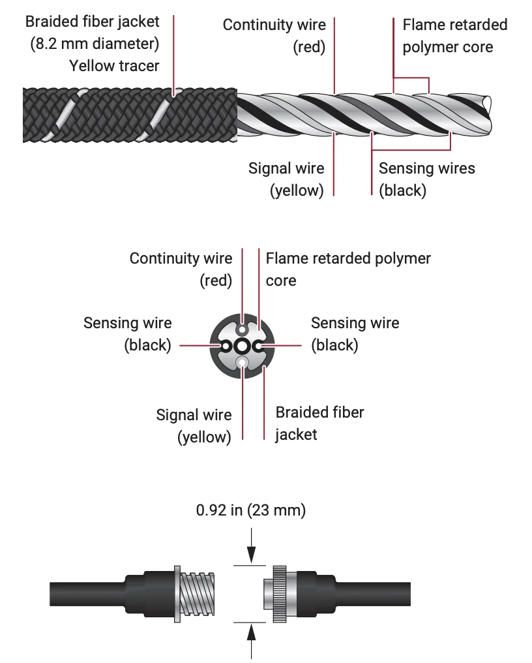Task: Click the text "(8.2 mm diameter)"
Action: (95, 44)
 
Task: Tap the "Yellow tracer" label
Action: (114, 65)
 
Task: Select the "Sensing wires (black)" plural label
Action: (426, 179)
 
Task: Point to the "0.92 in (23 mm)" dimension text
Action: (251, 510)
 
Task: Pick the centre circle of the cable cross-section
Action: (242, 346)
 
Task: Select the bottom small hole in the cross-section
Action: (242, 363)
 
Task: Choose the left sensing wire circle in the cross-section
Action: (226, 346)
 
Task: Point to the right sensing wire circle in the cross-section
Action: (259, 346)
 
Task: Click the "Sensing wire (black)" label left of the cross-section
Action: (128, 333)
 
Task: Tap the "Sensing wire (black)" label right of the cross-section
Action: (355, 333)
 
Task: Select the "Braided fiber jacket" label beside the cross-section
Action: (319, 423)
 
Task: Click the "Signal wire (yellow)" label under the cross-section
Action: (194, 425)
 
